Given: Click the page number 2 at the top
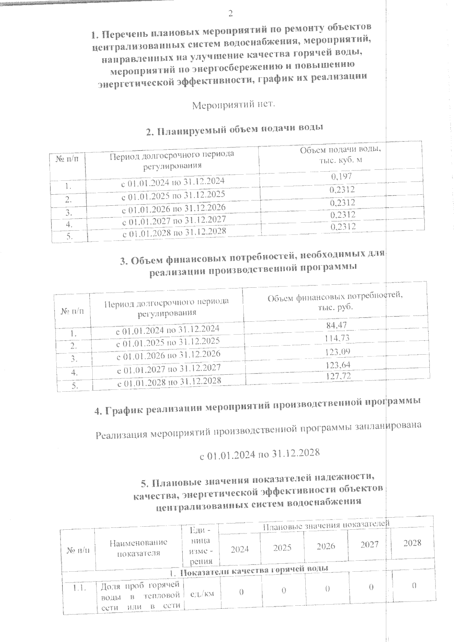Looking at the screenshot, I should pos(230,14).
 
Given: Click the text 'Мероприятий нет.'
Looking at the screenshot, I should pos(233,105).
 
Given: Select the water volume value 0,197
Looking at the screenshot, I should pos(341,177).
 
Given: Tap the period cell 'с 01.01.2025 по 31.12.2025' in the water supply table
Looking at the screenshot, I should pos(173,195).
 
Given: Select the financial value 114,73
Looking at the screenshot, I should pos(337,338).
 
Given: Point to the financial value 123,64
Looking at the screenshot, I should pos(337,364).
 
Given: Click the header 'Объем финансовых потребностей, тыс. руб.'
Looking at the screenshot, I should pos(335,301).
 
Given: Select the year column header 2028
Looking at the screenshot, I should pos(412,543).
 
